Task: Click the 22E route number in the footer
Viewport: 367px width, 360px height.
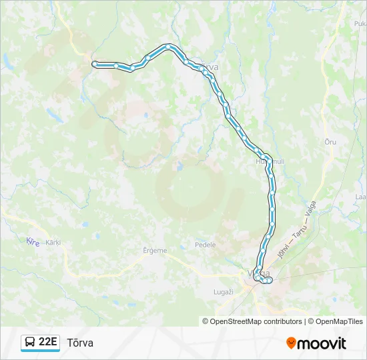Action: (x=47, y=342)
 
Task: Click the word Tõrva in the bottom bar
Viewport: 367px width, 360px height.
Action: (x=80, y=343)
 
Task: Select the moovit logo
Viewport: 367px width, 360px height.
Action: (x=316, y=343)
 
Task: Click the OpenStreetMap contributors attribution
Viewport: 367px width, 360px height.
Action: (x=252, y=321)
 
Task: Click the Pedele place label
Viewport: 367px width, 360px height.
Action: (x=206, y=245)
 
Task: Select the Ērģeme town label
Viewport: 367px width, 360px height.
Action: (x=155, y=251)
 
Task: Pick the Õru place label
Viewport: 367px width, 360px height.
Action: (x=330, y=142)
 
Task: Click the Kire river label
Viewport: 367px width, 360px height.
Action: (x=32, y=241)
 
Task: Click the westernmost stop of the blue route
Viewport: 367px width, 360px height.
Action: (x=95, y=64)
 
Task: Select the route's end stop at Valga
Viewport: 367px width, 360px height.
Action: (x=269, y=281)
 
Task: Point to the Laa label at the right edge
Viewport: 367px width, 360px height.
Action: (x=360, y=197)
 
